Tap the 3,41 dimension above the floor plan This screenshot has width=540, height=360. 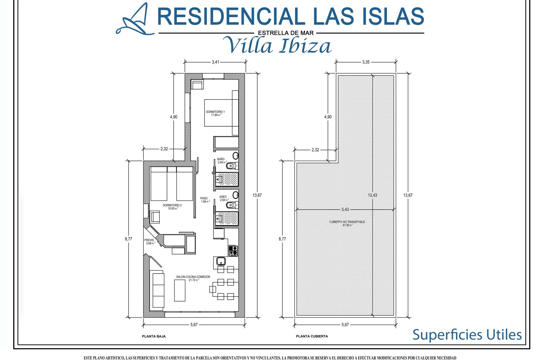coord(215,62)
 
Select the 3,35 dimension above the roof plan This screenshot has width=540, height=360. coord(366,62)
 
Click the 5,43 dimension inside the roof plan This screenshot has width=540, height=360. coord(345,209)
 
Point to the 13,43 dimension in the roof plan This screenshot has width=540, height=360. coord(373,195)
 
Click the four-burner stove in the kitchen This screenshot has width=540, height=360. coord(233,251)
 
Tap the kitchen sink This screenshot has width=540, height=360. coord(221,262)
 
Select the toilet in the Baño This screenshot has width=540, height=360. coord(231,166)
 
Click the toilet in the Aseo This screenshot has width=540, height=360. coord(231,205)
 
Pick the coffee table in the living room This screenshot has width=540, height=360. coord(180,291)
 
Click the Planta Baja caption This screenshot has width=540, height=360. coord(154,336)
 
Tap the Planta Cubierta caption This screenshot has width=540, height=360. coord(312,336)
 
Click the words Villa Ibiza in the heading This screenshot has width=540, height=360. coord(278,46)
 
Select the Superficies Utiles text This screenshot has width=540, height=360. coord(467,335)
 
